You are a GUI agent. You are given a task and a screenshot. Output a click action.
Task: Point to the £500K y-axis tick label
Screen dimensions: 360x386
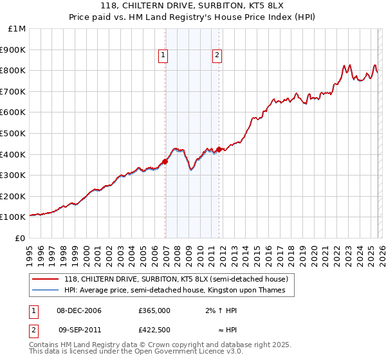13,133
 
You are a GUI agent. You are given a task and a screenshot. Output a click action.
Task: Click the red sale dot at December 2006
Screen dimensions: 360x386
165,162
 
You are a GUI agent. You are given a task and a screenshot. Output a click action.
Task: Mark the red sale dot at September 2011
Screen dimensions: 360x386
219,149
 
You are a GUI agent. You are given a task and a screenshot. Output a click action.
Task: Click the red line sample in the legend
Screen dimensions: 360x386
45,280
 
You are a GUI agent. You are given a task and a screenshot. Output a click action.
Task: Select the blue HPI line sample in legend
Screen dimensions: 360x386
45,291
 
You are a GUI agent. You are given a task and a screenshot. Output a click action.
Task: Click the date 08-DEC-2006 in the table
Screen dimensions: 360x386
79,310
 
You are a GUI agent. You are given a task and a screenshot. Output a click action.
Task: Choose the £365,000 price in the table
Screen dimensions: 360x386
154,310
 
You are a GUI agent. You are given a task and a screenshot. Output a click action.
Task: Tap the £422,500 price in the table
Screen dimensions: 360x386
154,330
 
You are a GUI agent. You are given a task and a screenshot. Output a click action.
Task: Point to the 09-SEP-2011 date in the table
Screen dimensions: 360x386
79,330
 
